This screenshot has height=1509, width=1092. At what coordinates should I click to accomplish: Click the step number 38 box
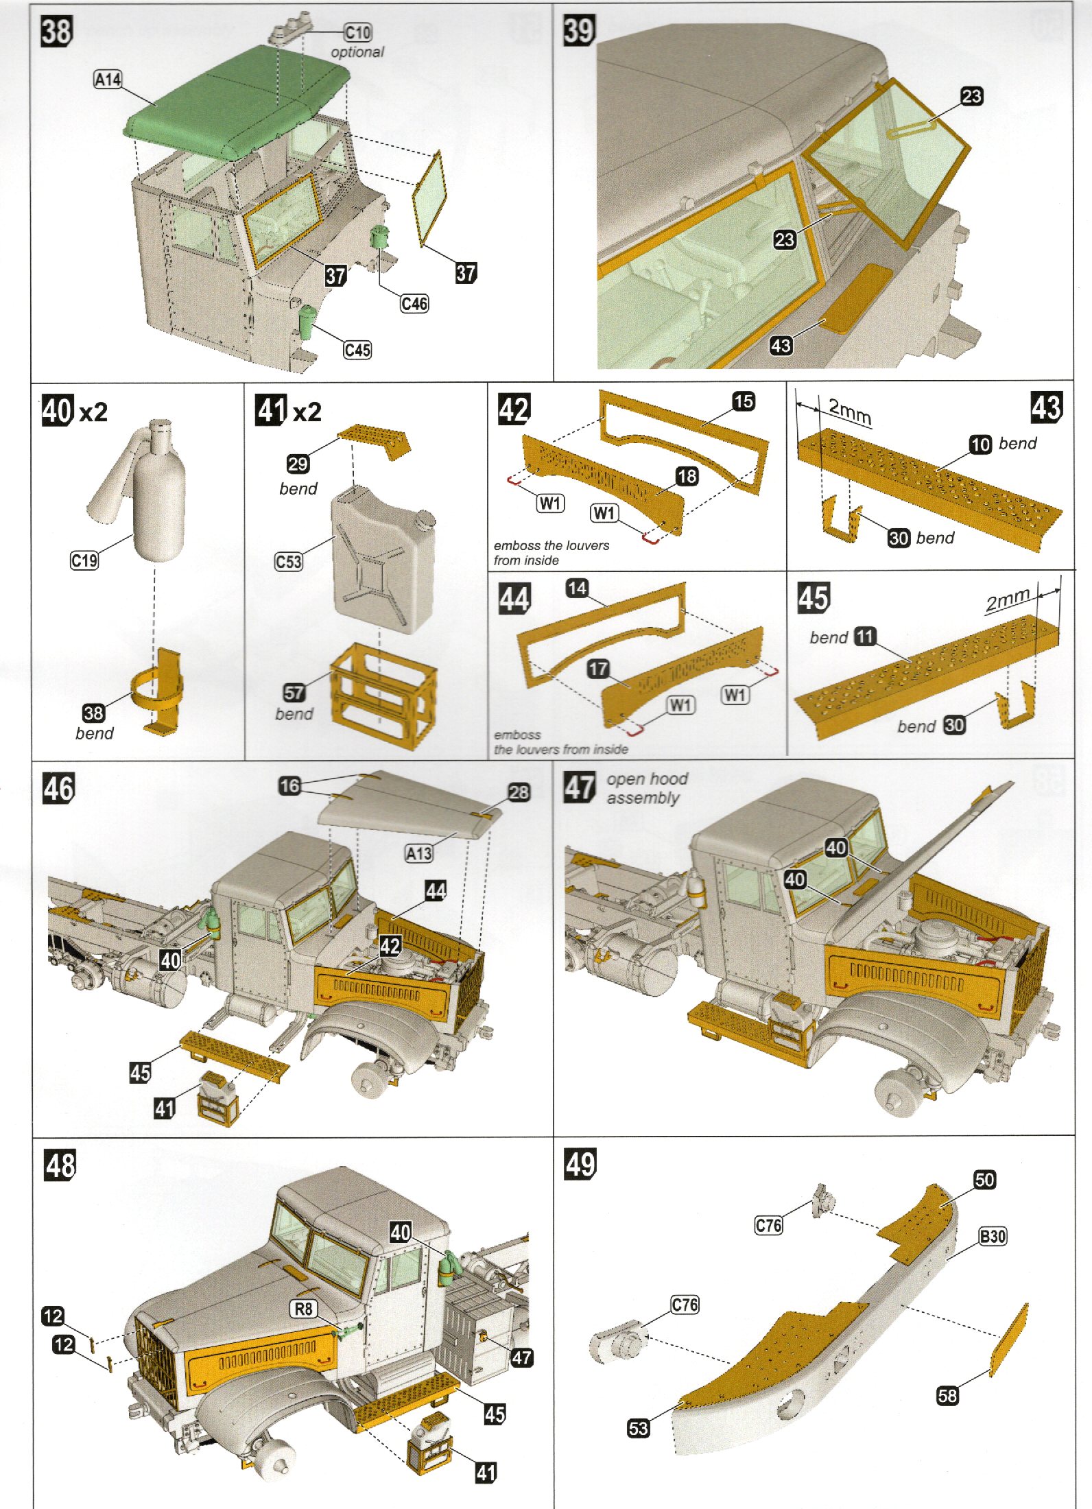coord(56,32)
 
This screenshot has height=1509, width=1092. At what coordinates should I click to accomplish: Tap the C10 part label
coord(357,32)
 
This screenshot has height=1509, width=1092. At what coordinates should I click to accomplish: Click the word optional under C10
coord(357,52)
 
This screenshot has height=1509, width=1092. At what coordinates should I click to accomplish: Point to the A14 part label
coord(108,80)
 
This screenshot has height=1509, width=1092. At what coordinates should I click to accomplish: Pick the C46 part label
coord(414,304)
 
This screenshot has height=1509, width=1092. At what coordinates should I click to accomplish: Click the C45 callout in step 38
coord(357,350)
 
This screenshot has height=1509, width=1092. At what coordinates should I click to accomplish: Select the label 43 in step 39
coord(781,345)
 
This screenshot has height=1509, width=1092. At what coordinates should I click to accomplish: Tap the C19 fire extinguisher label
coord(84,560)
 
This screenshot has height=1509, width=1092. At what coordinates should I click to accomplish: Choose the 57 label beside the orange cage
coord(294,692)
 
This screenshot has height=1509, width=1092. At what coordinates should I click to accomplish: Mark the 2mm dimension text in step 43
coord(849,411)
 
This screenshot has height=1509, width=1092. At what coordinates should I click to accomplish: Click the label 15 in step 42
coord(744,401)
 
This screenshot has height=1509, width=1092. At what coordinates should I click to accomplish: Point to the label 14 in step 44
coord(577,588)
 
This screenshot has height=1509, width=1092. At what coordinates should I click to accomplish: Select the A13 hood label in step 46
coord(419,853)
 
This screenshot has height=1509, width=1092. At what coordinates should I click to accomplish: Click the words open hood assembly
coord(646,788)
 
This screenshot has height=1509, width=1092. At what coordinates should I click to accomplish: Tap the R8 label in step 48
coord(303,1309)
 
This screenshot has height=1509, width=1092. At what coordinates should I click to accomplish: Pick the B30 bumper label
coord(993,1236)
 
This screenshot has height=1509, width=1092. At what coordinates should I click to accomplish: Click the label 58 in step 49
coord(947,1395)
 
